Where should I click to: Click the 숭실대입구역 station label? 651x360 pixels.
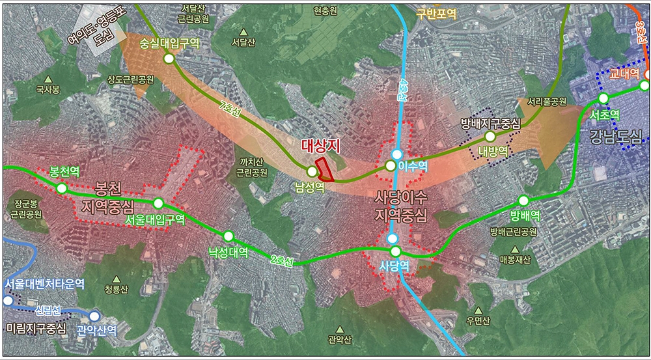pos(169,42)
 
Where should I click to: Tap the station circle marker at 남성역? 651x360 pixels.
pos(312,171)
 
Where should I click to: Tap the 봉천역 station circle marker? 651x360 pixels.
pos(61,188)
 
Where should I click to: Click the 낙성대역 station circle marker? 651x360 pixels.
pos(228,236)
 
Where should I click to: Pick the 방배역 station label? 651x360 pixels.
pos(525,215)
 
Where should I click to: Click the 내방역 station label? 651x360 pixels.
pos(492,150)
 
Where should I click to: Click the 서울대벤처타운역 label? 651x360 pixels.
pos(45,284)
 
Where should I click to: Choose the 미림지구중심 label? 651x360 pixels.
pos(36,329)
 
